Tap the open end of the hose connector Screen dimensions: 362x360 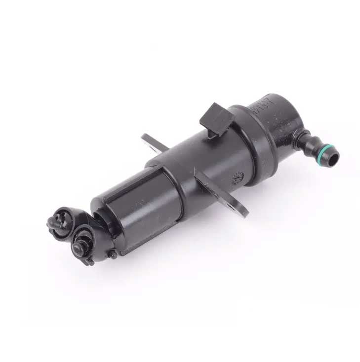click(335, 158)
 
